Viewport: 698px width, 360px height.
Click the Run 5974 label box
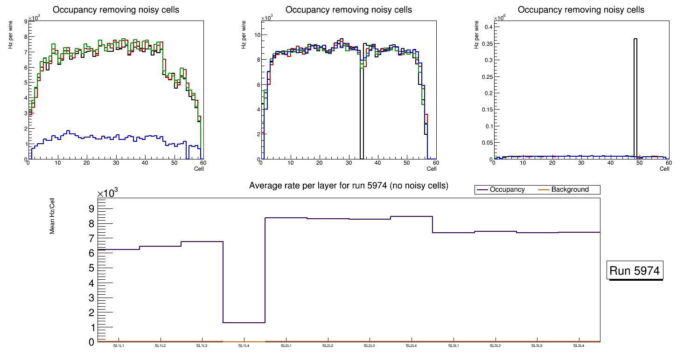(x=635, y=270)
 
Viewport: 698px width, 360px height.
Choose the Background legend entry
(x=570, y=190)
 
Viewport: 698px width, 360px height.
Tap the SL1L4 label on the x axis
(x=244, y=346)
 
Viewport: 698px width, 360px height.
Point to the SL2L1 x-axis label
(x=286, y=346)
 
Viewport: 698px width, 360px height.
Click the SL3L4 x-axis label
(x=579, y=346)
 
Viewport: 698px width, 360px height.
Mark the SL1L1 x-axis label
(x=119, y=346)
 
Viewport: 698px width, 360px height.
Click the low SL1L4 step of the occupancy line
(x=244, y=323)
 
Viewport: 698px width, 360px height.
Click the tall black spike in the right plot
(x=635, y=93)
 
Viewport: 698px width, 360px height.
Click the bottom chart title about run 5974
(x=349, y=186)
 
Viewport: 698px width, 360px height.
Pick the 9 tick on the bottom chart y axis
(x=91, y=208)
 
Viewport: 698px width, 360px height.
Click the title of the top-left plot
(x=116, y=10)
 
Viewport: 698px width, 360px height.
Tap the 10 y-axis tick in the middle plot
(x=257, y=35)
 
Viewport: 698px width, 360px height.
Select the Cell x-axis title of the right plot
(x=664, y=169)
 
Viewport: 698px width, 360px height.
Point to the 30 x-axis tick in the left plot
(x=116, y=163)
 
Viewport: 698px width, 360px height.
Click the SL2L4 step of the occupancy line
(x=412, y=216)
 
